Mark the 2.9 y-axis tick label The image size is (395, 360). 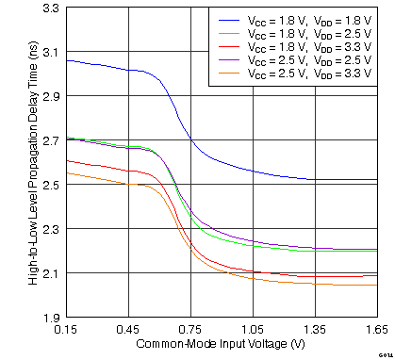(51, 96)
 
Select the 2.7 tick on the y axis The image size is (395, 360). (51, 140)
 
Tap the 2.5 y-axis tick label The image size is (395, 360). (51, 185)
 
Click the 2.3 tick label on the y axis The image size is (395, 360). (51, 229)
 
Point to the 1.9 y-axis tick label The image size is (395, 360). (51, 318)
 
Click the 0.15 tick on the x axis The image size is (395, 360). (66, 331)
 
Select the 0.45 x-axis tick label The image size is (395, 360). (128, 331)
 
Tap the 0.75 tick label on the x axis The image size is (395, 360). (190, 331)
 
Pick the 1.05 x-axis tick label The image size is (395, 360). (253, 331)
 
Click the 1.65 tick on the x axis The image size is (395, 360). (376, 331)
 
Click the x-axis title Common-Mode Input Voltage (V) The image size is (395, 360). (222, 344)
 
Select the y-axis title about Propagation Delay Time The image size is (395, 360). (32, 162)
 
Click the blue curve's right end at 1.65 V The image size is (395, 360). (376, 179)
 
